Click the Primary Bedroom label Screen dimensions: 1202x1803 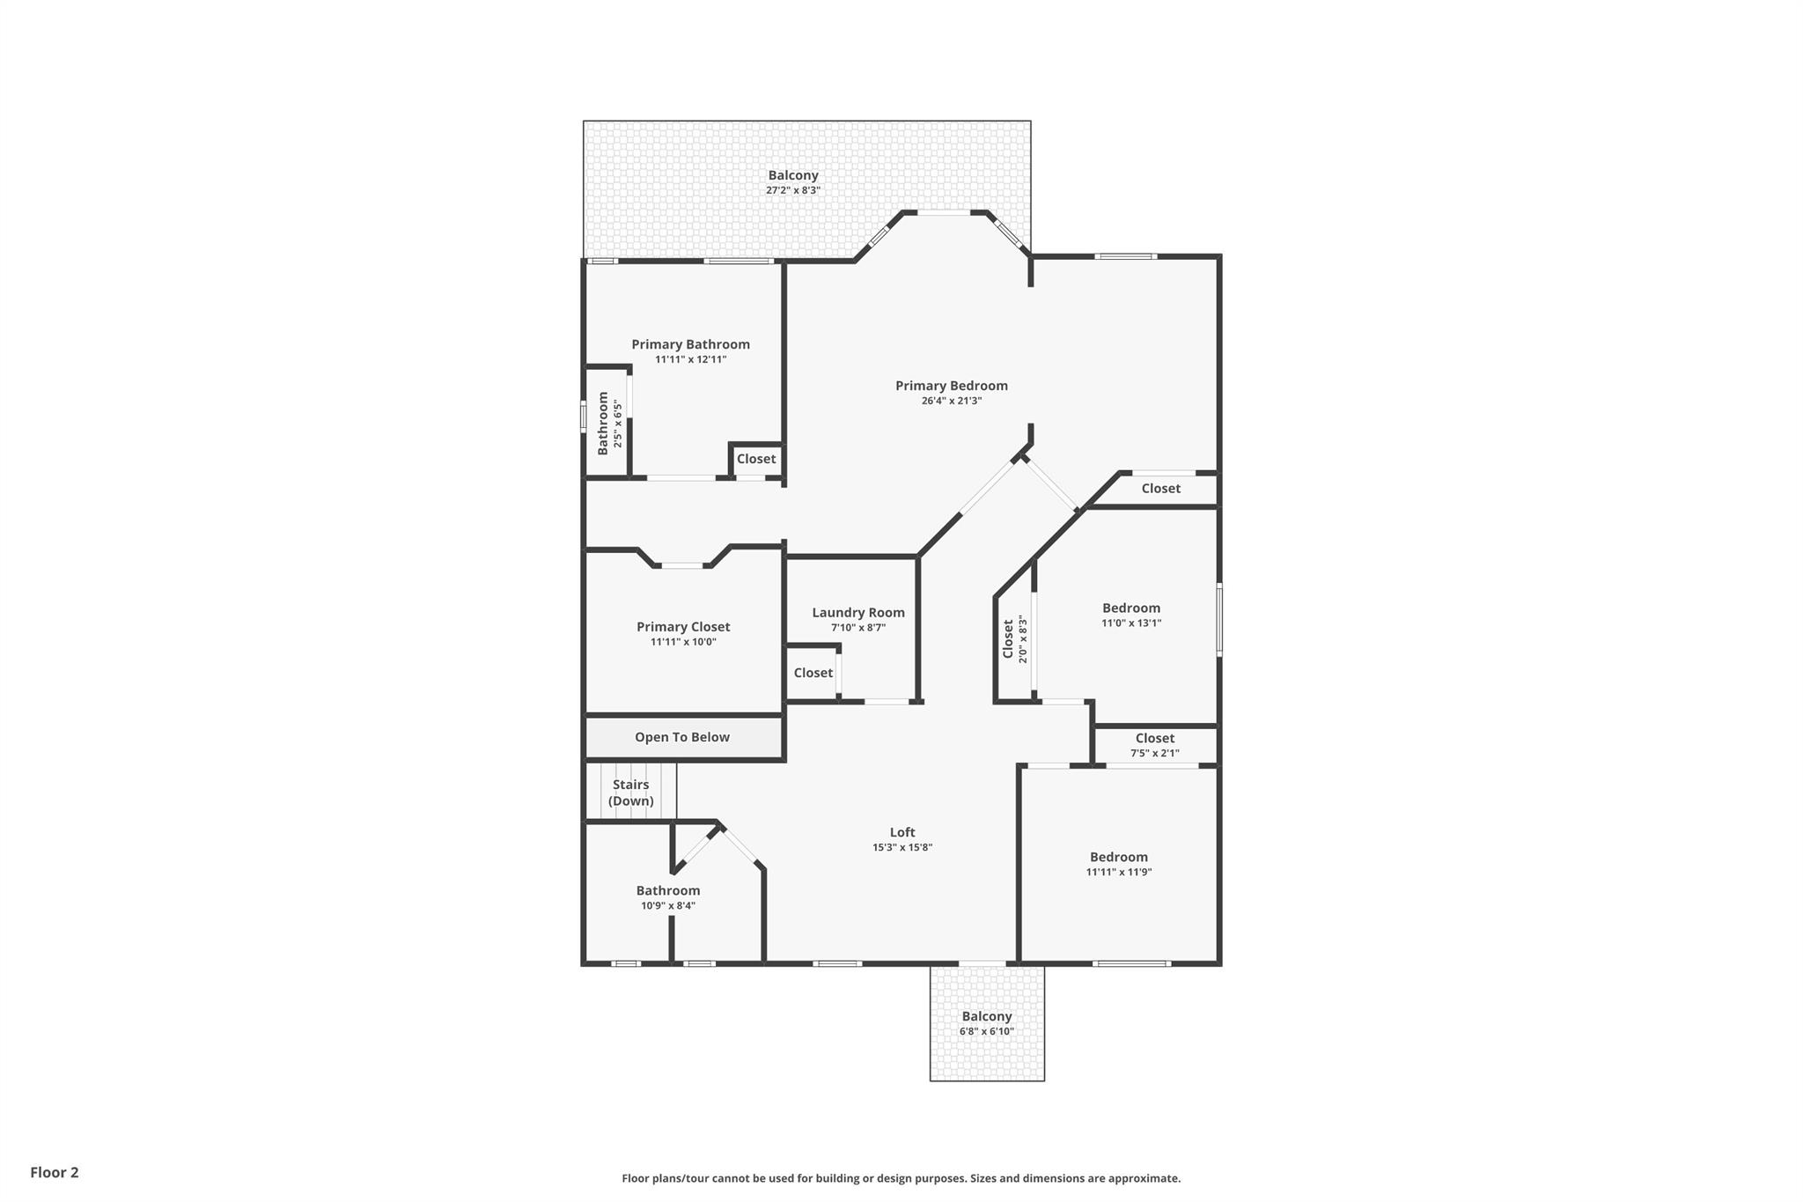[951, 386]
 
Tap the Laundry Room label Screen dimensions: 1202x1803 [857, 613]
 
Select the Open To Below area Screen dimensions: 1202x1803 [682, 737]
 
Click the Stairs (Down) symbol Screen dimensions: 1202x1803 [630, 793]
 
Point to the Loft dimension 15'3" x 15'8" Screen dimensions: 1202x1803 [901, 848]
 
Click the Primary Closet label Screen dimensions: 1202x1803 [683, 627]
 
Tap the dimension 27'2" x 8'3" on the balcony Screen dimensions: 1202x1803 [792, 190]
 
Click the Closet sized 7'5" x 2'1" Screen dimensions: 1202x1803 [1154, 745]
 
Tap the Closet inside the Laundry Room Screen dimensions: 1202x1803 [813, 673]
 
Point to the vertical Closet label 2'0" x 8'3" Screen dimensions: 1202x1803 [1014, 638]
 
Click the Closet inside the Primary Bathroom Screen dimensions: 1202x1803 [755, 459]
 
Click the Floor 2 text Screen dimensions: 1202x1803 [55, 1172]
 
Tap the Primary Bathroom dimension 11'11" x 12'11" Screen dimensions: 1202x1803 [690, 359]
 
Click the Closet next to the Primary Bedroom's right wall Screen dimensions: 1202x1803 [1160, 489]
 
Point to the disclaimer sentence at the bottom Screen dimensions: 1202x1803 [901, 1178]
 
